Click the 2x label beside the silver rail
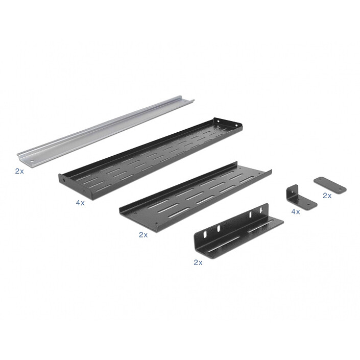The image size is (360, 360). pos(19,171)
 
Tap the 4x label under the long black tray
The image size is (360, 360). pos(80,203)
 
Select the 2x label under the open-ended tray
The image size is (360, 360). pos(143,235)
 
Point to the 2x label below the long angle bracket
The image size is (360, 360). pos(198,262)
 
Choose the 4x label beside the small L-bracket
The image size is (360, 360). pos(296,212)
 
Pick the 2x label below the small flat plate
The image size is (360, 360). pos(327,196)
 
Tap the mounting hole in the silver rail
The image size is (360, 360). pos(32,161)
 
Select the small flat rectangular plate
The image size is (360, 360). pos(330,185)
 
